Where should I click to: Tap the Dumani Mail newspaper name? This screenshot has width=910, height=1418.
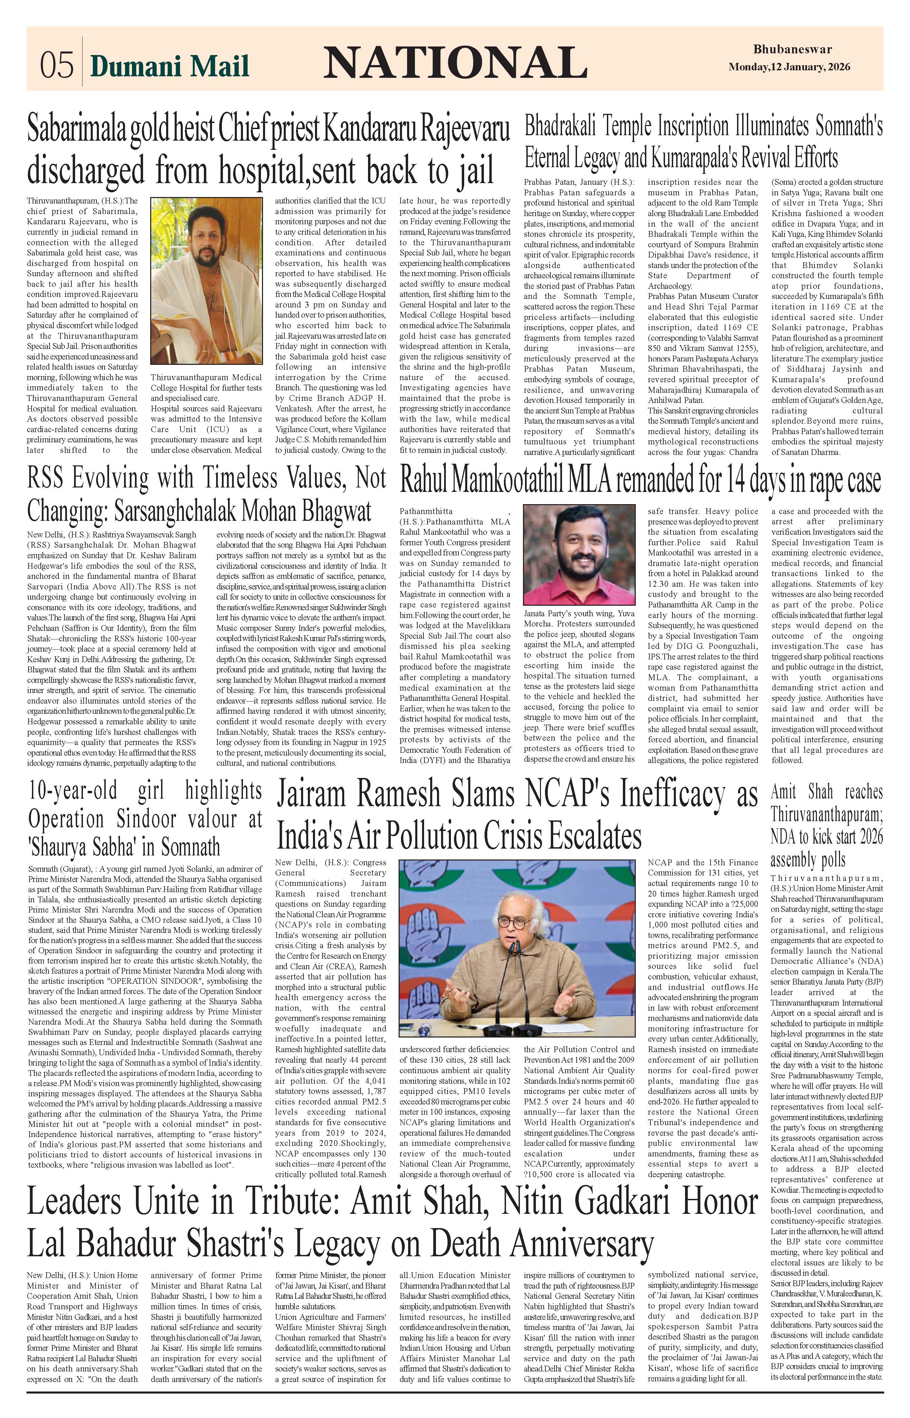(x=170, y=66)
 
